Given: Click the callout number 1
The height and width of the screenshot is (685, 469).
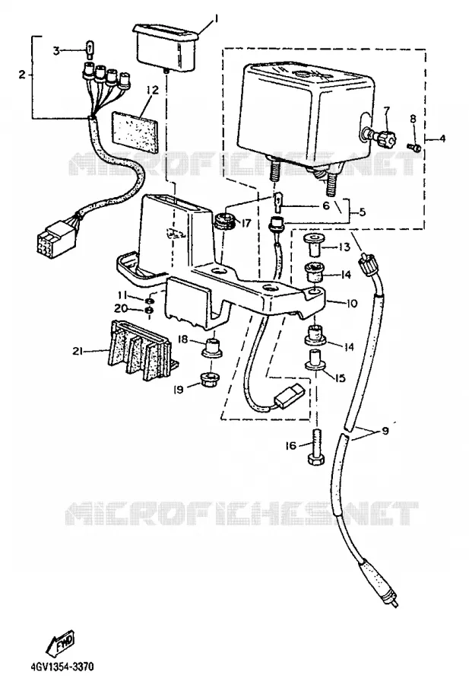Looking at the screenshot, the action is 216,18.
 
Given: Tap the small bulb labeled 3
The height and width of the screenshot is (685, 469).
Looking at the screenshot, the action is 89,49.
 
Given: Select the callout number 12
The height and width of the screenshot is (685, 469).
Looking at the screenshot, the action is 152,90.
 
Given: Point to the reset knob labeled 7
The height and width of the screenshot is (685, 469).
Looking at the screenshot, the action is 382,135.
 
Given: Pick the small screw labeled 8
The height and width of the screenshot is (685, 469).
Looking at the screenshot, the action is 414,146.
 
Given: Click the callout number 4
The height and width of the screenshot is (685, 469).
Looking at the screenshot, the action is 442,139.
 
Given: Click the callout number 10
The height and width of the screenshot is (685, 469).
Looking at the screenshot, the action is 352,303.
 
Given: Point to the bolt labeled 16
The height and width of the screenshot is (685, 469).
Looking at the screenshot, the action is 315,448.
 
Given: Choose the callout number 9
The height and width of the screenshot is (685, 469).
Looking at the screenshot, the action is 385,431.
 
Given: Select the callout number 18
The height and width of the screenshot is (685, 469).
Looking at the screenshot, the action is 183,339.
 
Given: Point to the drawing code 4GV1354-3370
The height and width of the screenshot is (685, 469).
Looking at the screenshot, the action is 62,667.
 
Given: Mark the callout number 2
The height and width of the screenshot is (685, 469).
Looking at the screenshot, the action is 22,75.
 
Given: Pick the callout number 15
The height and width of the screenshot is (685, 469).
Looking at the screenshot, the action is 340,377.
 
